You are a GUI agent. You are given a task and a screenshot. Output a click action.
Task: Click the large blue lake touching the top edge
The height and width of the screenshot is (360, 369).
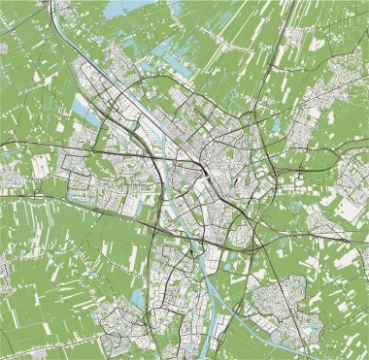116,9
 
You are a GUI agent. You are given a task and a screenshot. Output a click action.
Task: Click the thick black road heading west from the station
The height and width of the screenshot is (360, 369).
117,154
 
